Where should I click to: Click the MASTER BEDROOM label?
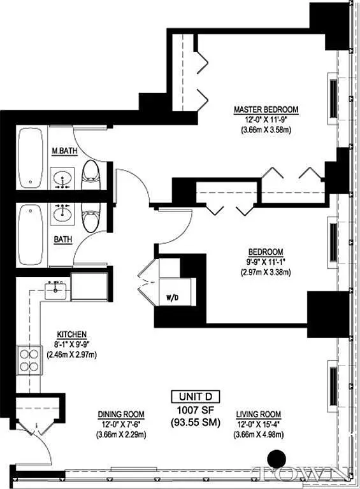point(266,110)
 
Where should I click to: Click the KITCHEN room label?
point(71,334)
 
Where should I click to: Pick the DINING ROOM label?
point(114,413)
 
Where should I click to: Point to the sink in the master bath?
point(62,178)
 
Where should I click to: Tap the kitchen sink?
point(56,291)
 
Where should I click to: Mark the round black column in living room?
point(277,458)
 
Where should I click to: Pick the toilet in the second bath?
point(90,217)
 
